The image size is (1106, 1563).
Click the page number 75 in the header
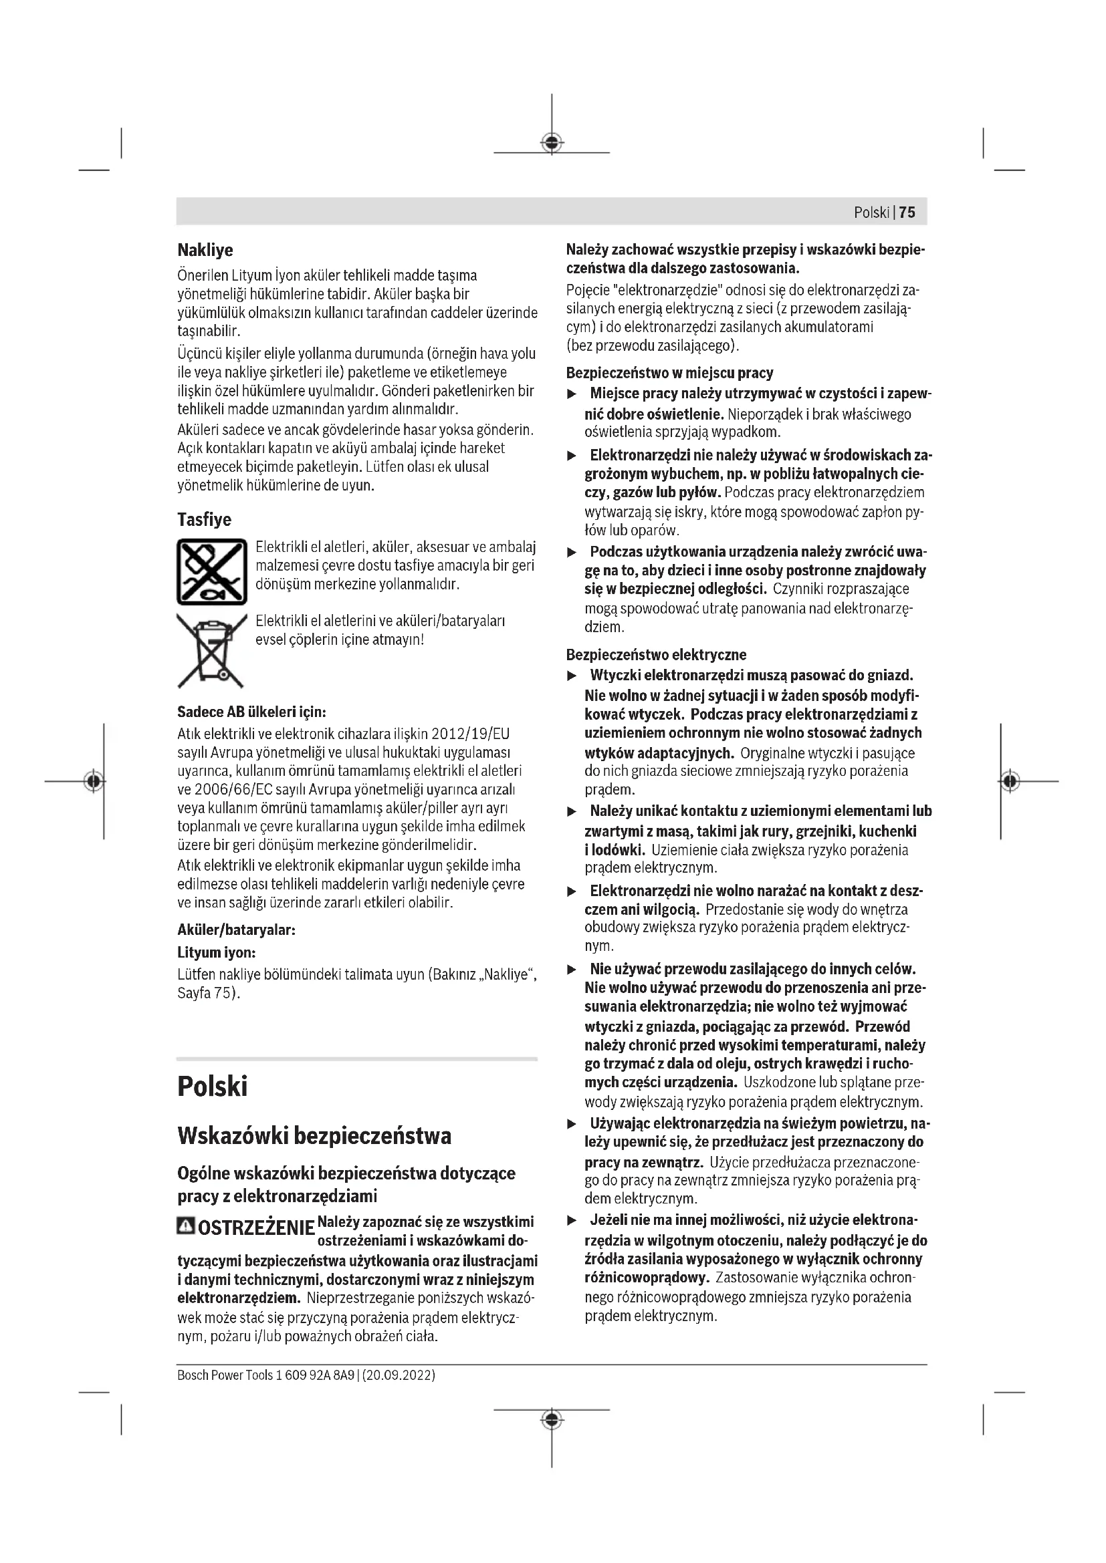pos(907,212)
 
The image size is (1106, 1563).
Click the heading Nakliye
pos(205,250)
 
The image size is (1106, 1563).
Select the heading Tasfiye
pos(205,519)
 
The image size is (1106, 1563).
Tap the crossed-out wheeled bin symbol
pos(211,650)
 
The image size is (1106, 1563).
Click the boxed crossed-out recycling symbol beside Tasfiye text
pos(212,571)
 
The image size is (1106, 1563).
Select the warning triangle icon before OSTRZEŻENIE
pos(185,1227)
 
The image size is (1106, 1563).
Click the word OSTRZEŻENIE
pos(256,1229)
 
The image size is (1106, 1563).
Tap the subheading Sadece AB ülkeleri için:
pos(252,712)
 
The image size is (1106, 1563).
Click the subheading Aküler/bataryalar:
pos(236,930)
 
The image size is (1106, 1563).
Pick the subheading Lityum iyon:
pos(217,952)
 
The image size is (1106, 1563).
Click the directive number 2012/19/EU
pos(471,734)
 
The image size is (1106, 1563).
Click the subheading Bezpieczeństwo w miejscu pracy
pos(669,372)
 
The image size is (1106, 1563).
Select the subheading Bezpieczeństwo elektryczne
pos(656,655)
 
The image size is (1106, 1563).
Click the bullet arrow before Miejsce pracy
pos(573,394)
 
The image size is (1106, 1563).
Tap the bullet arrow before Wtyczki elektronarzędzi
pos(573,676)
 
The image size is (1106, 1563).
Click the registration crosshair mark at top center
pos(552,143)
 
